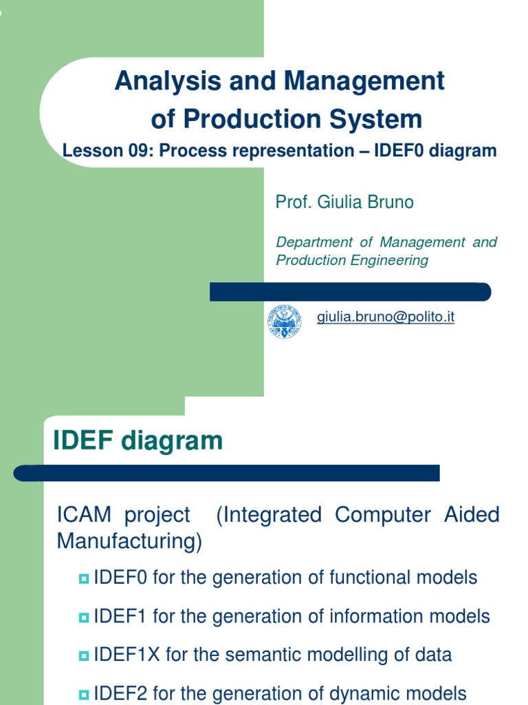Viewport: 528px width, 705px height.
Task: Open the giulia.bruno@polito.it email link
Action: (x=385, y=317)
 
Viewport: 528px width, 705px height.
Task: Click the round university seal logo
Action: (x=285, y=322)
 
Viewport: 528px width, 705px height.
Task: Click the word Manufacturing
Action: (x=129, y=542)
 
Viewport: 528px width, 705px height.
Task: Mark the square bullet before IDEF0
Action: (x=85, y=579)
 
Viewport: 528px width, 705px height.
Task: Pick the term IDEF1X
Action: (x=126, y=654)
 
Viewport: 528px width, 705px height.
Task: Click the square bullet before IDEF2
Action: (x=85, y=695)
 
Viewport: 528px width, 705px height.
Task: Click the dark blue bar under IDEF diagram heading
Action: (x=227, y=473)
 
